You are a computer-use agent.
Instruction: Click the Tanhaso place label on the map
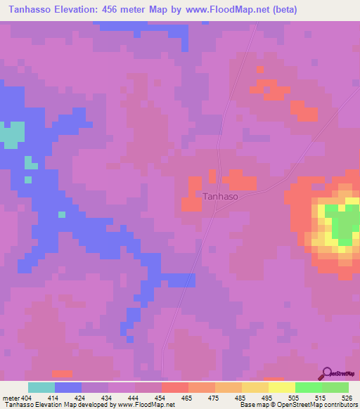click(x=220, y=197)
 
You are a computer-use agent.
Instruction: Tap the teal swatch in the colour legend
click(x=41, y=387)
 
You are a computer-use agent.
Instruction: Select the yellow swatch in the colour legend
click(x=282, y=387)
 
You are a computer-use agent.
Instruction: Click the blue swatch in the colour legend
click(x=68, y=387)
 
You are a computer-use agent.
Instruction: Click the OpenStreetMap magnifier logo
click(x=328, y=373)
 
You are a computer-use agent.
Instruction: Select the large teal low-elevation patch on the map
click(x=11, y=135)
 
